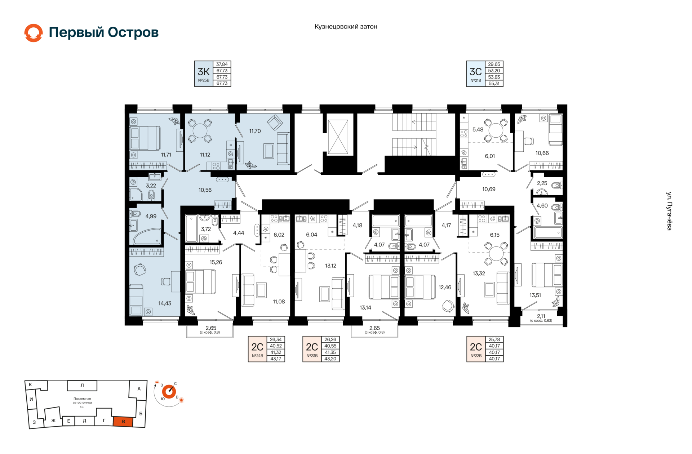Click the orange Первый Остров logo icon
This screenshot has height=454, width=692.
tap(34, 33)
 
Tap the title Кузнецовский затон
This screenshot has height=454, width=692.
tap(346, 27)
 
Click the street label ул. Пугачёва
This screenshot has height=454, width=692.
tap(669, 211)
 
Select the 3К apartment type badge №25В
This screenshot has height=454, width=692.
tap(204, 74)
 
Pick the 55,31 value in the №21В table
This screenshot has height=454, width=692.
tap(494, 84)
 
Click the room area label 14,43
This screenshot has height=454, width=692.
tap(165, 303)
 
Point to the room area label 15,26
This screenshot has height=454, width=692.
tap(216, 262)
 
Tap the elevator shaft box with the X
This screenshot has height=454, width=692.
tap(338, 137)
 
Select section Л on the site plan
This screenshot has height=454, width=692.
tap(82, 386)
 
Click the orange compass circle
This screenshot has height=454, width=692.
tap(169, 392)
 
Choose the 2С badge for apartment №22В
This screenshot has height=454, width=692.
tap(476, 349)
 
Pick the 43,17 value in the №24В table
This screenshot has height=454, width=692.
tap(276, 359)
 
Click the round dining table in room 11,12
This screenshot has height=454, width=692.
tap(200, 130)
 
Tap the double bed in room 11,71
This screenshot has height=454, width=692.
tap(145, 138)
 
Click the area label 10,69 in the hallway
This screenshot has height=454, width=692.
tap(489, 189)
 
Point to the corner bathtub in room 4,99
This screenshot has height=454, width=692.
tap(147, 236)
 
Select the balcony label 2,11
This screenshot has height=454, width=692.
tap(541, 316)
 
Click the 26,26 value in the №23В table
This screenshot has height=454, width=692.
tap(330, 339)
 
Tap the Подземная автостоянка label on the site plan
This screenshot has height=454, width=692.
tap(82, 401)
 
